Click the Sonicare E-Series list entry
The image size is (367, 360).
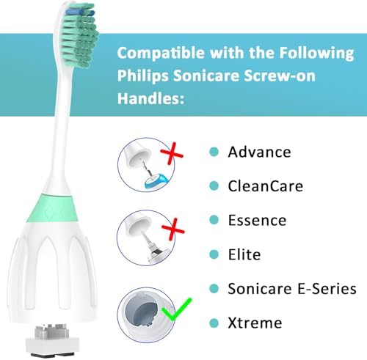click(291, 288)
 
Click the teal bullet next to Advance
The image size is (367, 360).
click(214, 152)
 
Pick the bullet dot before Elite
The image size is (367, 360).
click(214, 254)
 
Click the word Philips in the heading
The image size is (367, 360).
click(151, 78)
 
